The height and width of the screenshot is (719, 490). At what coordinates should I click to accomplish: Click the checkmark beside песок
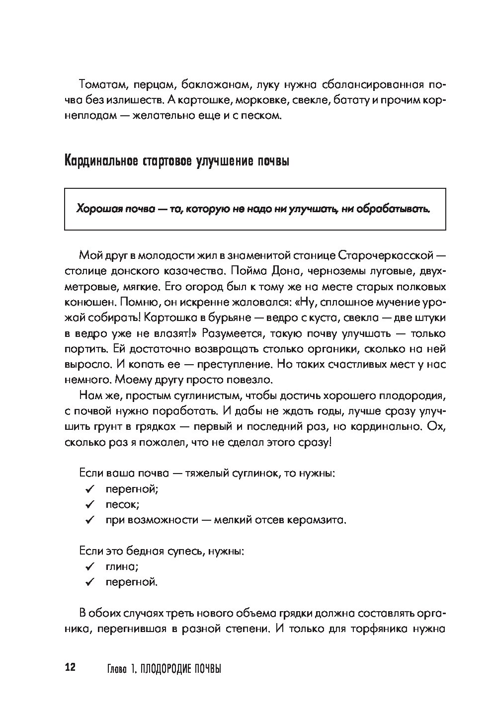tap(90, 504)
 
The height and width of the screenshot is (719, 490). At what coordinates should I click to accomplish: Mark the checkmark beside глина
tap(90, 566)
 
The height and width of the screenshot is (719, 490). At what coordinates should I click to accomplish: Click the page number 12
tap(69, 667)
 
